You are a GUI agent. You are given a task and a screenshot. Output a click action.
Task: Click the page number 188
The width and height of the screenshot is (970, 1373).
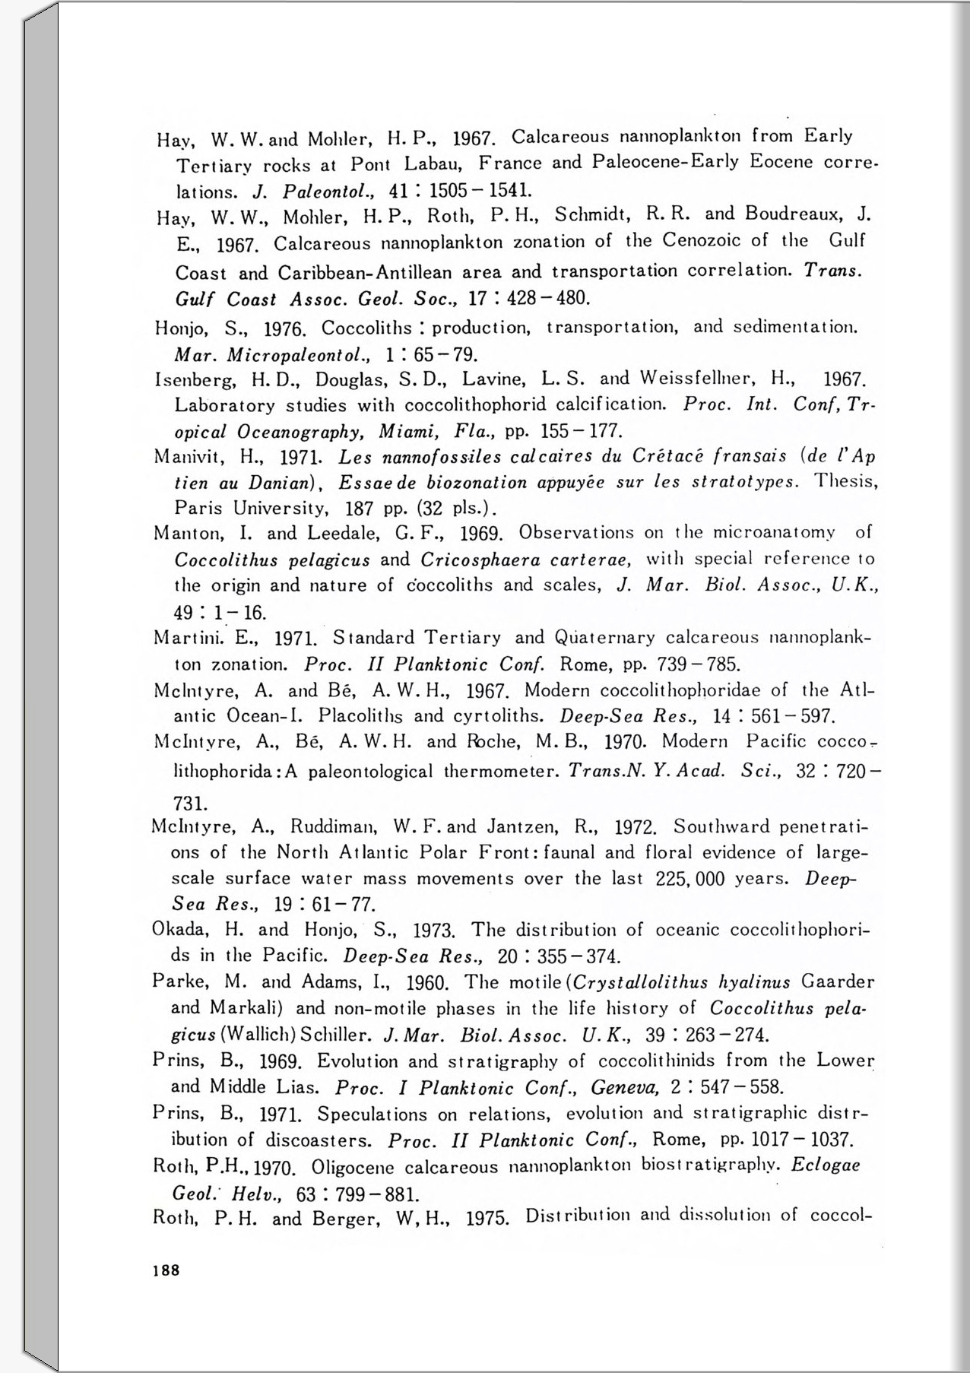(166, 1270)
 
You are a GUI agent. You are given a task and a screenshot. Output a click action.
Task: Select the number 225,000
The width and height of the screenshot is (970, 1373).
(689, 879)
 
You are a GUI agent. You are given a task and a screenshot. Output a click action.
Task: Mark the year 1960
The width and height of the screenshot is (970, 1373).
(429, 983)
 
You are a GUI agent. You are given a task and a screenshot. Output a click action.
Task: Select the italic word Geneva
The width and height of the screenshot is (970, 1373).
(621, 1088)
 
